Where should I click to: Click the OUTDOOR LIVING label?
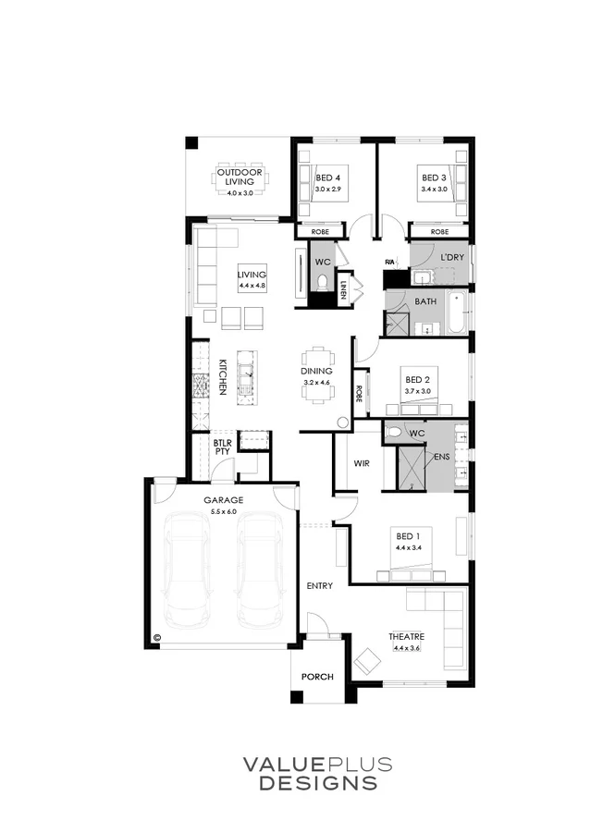point(240,177)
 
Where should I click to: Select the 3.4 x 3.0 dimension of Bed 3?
point(434,190)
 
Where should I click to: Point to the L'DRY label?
point(452,258)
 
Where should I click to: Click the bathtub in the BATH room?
point(456,312)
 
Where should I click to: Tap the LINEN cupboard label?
point(344,290)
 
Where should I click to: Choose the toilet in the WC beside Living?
point(323,282)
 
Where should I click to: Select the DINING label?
point(316,371)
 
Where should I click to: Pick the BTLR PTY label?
point(223,447)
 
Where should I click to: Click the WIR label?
point(362,464)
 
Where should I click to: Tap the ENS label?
point(442,457)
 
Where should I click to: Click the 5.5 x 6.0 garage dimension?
point(224,511)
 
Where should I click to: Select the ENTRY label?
point(320,585)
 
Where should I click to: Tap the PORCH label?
point(318,677)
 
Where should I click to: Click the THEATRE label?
point(406,636)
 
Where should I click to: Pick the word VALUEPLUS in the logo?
point(318,765)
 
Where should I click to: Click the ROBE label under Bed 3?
point(439,232)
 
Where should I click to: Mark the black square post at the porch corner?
point(297,696)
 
